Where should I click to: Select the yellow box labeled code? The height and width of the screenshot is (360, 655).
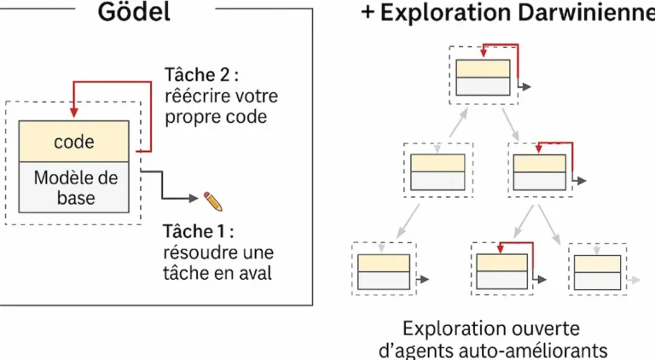click(74, 142)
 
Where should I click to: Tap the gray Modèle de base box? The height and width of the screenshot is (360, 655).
click(74, 188)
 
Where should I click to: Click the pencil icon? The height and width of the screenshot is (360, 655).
click(212, 200)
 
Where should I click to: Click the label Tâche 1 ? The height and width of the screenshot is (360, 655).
click(197, 231)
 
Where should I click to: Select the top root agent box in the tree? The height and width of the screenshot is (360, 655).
click(484, 78)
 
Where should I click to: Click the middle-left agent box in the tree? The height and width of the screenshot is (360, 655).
click(438, 172)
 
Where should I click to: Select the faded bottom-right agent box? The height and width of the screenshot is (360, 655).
click(598, 270)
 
